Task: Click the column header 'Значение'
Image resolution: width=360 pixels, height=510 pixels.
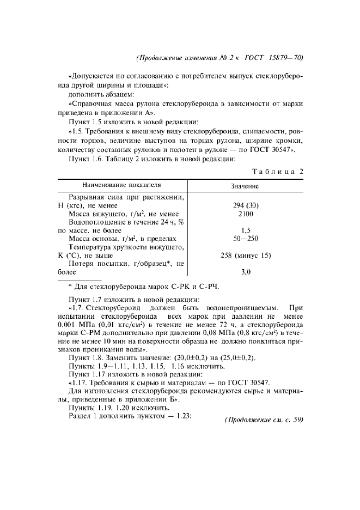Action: (x=245, y=186)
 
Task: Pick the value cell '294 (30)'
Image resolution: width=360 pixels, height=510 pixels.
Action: (x=245, y=206)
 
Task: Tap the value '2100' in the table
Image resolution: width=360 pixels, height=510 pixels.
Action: (x=245, y=214)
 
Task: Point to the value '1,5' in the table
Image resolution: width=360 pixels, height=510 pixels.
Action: (x=245, y=230)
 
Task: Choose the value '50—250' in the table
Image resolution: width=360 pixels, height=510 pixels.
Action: (x=245, y=239)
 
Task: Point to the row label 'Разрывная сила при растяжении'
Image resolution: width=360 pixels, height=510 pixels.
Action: (x=127, y=197)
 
